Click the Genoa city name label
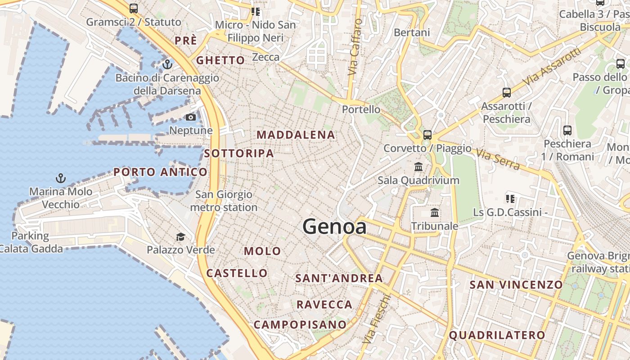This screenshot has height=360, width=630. (x=334, y=226)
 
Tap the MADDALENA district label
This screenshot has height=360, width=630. (x=296, y=135)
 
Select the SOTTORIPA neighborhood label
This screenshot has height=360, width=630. (x=239, y=153)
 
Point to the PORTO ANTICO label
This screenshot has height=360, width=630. (x=160, y=172)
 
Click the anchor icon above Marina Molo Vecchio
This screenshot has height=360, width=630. (x=60, y=178)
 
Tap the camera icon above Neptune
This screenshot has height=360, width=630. (x=191, y=117)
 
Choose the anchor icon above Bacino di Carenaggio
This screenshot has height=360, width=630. (x=167, y=64)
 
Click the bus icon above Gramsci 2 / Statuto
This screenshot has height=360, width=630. (x=133, y=8)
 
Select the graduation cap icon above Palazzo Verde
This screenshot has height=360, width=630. (x=180, y=237)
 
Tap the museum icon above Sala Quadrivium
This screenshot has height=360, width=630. (x=418, y=167)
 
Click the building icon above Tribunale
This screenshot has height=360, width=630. (x=435, y=212)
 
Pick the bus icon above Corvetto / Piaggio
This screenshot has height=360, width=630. (x=427, y=135)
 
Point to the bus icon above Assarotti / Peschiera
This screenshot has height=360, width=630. (x=507, y=93)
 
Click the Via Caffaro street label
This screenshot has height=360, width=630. (x=355, y=47)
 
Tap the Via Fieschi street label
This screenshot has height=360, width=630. (x=376, y=319)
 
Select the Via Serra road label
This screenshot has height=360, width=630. (x=498, y=160)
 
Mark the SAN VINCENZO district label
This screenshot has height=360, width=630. (x=516, y=284)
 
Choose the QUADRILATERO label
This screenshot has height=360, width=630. (x=497, y=335)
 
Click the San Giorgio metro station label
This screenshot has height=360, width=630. (x=224, y=201)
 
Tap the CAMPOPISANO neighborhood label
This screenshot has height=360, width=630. (x=300, y=324)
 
